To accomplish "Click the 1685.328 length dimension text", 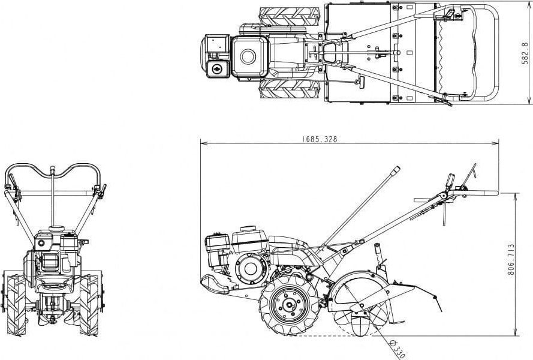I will [320, 139].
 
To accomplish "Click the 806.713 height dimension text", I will [511, 259].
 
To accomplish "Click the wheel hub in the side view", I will [288, 305].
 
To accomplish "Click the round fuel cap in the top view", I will [248, 57].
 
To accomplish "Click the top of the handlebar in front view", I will [52, 170].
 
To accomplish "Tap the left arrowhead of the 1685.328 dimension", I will [203, 143].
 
